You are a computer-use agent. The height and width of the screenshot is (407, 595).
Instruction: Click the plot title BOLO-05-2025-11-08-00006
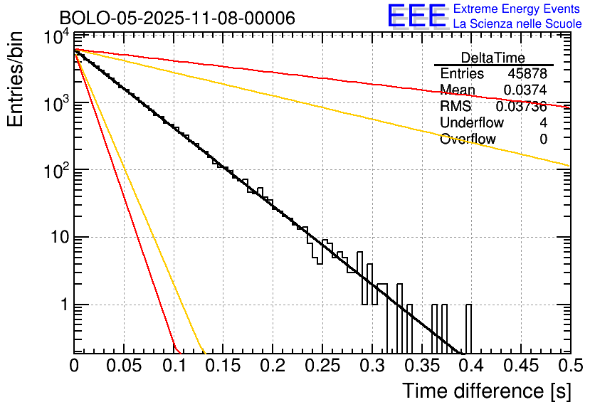tap(177, 18)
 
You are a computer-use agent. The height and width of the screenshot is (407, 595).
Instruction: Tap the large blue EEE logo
tap(416, 16)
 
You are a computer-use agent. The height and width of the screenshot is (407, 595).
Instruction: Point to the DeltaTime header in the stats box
tap(493, 58)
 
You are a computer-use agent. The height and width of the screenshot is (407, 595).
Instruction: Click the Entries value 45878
tap(527, 74)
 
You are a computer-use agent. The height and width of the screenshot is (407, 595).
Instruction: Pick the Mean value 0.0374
tap(525, 90)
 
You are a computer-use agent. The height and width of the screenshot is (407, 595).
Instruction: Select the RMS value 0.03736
tap(521, 106)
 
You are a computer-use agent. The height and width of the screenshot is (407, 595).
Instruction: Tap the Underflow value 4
tap(543, 122)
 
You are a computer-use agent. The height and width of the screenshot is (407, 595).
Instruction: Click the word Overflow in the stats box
tap(468, 139)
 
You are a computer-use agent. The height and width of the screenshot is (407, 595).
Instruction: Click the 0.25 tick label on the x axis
tap(322, 366)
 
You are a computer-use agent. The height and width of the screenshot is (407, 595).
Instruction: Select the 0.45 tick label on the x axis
tap(520, 366)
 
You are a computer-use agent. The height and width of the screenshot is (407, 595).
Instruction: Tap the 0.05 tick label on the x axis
tap(124, 366)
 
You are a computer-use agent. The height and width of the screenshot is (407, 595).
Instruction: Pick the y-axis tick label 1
tap(63, 305)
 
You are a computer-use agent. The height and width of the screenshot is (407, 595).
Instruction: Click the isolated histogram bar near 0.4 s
tap(468, 327)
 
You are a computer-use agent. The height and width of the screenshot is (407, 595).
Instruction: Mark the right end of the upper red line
tap(569, 107)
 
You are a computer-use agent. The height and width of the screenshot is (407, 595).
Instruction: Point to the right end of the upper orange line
tap(569, 165)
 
